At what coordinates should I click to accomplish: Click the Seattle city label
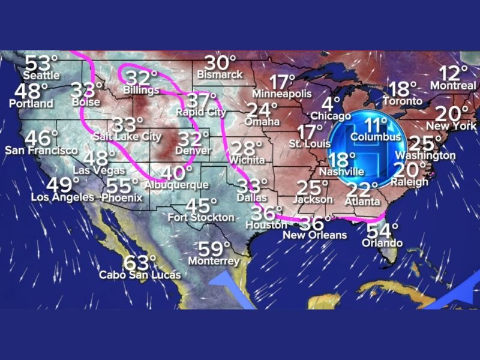(x=41, y=75)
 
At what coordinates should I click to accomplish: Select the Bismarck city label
(x=220, y=74)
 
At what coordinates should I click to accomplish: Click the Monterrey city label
(x=214, y=262)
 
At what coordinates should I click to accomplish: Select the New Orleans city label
(x=323, y=235)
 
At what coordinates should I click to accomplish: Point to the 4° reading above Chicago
(x=332, y=104)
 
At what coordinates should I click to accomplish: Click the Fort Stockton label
(x=201, y=217)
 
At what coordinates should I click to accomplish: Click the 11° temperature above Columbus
(x=377, y=125)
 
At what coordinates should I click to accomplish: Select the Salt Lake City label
(x=127, y=137)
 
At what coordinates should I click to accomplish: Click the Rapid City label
(x=201, y=112)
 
